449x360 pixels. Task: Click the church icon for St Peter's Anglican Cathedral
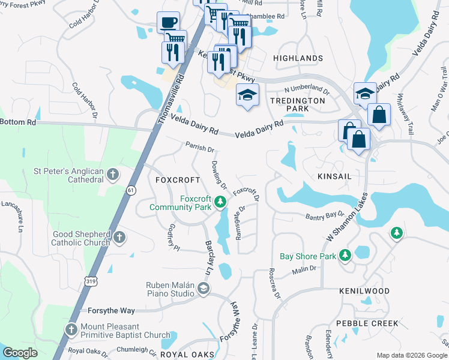tap(112, 175)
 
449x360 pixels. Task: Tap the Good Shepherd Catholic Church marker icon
tap(120, 238)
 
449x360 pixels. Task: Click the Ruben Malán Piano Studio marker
tap(203, 290)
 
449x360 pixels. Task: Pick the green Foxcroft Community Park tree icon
tap(220, 203)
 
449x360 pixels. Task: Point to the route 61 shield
tap(131, 190)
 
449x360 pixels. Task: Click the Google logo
tap(20, 353)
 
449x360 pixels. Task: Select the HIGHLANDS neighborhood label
tap(298, 58)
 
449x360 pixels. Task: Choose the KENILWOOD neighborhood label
tap(364, 291)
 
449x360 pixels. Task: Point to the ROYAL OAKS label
tap(187, 355)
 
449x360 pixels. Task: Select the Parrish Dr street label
tap(200, 148)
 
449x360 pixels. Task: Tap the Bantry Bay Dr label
tap(325, 215)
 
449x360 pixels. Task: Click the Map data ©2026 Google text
tap(411, 355)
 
